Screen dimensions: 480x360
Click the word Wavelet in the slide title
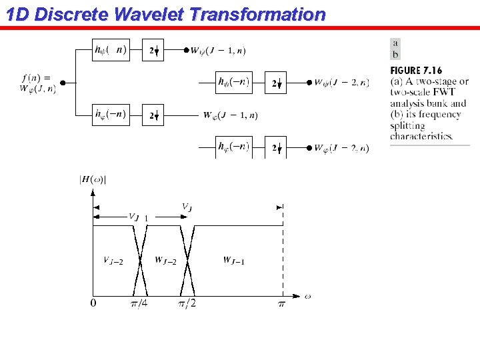[138, 14]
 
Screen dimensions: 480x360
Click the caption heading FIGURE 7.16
[416, 71]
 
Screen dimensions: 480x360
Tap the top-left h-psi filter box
[110, 50]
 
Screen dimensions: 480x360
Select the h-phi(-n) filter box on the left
[110, 115]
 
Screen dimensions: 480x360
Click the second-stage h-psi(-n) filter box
[233, 83]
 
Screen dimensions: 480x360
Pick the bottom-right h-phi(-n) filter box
[233, 147]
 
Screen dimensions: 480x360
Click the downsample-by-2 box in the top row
[153, 51]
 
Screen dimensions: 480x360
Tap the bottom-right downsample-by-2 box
[275, 147]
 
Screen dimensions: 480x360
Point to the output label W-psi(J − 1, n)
[217, 51]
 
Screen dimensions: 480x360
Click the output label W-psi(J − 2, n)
[341, 83]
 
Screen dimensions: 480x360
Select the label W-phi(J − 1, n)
[230, 115]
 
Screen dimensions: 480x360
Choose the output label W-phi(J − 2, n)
[341, 148]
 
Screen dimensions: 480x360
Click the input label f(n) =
[39, 77]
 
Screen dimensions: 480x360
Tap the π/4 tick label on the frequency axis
[139, 304]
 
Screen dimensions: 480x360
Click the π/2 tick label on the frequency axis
[187, 304]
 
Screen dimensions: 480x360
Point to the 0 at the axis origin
[93, 304]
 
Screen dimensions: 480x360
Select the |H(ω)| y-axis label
[93, 179]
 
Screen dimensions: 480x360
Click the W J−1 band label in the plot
[233, 260]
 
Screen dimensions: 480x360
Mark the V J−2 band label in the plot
[113, 260]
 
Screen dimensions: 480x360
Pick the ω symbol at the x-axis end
[307, 296]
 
